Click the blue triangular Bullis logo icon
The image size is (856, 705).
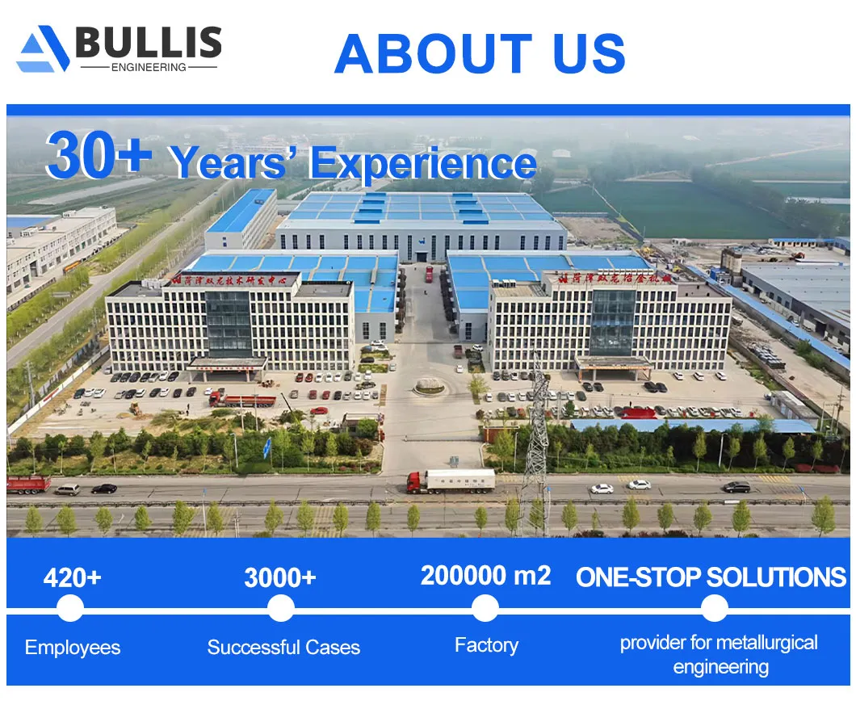coord(42,50)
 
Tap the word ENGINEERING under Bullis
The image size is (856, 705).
coord(149,68)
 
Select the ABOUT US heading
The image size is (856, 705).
coord(480,53)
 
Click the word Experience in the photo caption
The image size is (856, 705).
coord(423,164)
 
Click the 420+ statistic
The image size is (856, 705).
coord(72,577)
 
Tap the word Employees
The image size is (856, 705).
coord(73,647)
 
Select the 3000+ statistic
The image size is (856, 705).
coord(279,577)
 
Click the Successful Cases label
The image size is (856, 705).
coord(283,647)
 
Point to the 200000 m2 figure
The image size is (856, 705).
coord(485,576)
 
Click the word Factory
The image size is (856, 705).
coord(486,645)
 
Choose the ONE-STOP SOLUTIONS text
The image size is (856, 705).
coord(711,577)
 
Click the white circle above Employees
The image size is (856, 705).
coord(70,608)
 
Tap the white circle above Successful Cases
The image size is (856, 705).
coord(280,608)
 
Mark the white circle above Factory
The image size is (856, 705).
coord(485,608)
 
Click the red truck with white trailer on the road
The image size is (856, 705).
coord(451,480)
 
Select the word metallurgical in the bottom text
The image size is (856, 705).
coord(766,643)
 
